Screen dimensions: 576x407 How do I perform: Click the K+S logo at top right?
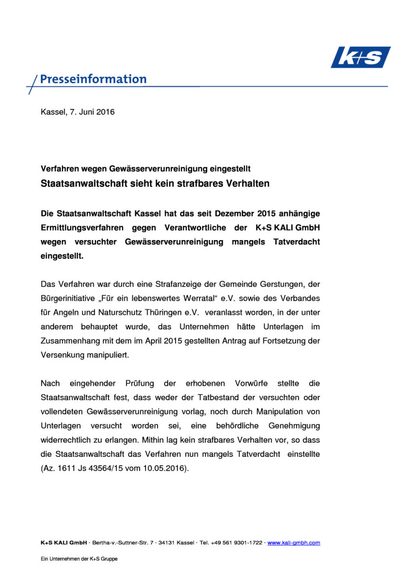(x=360, y=57)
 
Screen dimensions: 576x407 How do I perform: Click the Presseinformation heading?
(x=93, y=79)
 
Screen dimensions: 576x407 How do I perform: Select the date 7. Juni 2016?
(x=92, y=112)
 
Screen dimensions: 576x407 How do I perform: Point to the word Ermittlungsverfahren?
(x=82, y=228)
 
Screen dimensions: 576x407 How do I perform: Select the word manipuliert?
(x=107, y=355)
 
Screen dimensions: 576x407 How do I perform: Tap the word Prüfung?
(x=140, y=383)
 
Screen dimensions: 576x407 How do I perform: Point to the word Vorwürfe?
(x=251, y=383)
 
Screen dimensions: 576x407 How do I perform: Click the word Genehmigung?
(x=294, y=426)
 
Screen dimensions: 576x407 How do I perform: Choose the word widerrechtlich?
(x=66, y=440)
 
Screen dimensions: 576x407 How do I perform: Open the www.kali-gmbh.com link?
(x=293, y=543)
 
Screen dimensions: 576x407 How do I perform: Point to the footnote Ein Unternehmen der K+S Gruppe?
(x=79, y=559)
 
